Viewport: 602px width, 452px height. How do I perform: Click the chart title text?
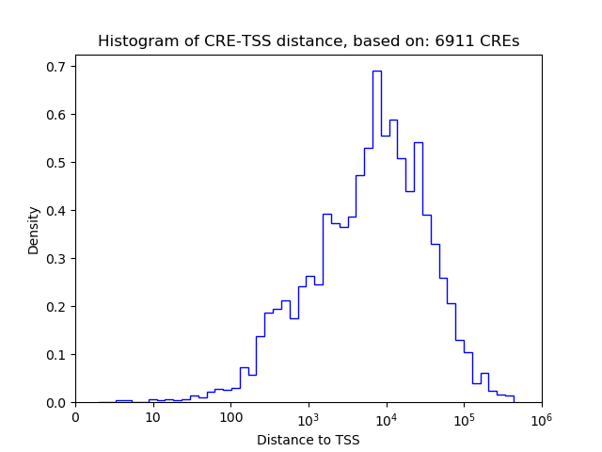pyautogui.click(x=309, y=41)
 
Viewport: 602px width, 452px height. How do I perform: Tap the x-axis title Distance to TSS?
pyautogui.click(x=309, y=439)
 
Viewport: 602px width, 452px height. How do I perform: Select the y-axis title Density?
pyautogui.click(x=34, y=230)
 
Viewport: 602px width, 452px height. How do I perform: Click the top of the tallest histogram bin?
pyautogui.click(x=376, y=71)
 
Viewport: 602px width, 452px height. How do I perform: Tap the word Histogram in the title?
pyautogui.click(x=135, y=41)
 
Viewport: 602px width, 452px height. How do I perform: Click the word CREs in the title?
pyautogui.click(x=499, y=41)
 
